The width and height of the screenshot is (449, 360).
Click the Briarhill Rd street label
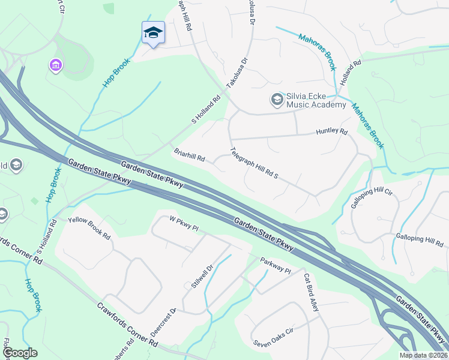pyautogui.click(x=190, y=155)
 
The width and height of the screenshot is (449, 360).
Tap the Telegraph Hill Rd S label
pyautogui.click(x=255, y=163)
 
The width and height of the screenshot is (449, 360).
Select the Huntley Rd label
pyautogui.click(x=332, y=131)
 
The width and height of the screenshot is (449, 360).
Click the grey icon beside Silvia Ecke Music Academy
pyautogui.click(x=277, y=99)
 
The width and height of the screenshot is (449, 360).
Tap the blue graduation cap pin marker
pyautogui.click(x=153, y=34)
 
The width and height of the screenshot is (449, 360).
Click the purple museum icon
pyautogui.click(x=55, y=64)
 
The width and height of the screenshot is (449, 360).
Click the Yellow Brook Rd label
pyautogui.click(x=89, y=227)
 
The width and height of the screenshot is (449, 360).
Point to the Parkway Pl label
pyautogui.click(x=275, y=266)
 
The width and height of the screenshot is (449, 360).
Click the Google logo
pyautogui.click(x=19, y=353)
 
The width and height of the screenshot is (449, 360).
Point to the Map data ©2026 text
pyautogui.click(x=424, y=355)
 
